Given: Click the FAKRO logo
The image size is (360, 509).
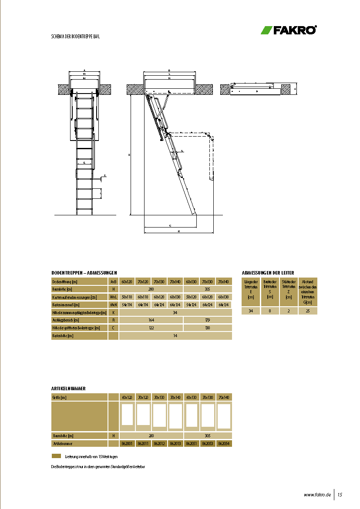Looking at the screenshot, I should pos(289,30).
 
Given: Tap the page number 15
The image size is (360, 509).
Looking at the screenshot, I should pos(340,495).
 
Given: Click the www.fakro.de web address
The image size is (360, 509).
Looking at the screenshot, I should pos(317,495).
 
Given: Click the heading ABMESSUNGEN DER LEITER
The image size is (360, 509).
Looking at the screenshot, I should pos(268,272).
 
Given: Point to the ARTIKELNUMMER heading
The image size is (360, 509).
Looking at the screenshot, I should pos(68,388).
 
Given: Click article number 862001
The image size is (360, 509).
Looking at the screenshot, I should pos(127,444).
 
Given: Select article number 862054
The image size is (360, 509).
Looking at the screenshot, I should pos(223,444).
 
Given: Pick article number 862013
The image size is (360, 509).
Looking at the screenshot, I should pos(175,444).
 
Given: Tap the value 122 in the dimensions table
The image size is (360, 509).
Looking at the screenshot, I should pos(151,328).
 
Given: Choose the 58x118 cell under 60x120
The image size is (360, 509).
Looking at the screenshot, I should pos(127,297).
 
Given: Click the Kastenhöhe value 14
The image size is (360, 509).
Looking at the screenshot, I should pos(175,336).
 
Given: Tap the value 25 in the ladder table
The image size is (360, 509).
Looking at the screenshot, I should pos(308,311).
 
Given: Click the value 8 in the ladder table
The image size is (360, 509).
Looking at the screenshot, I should pos(270,311).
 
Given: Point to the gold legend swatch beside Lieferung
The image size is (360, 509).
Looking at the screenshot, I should pos(56,456).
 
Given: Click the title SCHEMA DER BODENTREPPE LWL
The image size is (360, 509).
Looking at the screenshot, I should pos(76,37).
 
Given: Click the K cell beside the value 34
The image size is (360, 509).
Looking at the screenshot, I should pos(113,312).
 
